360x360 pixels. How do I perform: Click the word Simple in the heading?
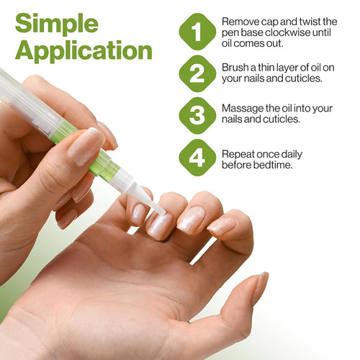click(57, 24)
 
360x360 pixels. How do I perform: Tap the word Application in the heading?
click(84, 50)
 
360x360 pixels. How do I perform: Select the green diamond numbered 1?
click(197, 32)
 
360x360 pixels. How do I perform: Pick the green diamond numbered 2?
click(197, 73)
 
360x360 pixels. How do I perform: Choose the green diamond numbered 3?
click(197, 115)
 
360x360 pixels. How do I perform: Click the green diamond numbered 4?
click(197, 158)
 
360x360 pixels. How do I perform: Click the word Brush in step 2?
click(235, 68)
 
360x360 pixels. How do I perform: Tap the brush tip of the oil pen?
click(158, 208)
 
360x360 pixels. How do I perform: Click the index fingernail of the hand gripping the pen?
click(86, 147)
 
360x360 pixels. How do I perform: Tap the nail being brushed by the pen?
click(159, 225)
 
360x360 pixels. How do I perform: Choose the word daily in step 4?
click(292, 155)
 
